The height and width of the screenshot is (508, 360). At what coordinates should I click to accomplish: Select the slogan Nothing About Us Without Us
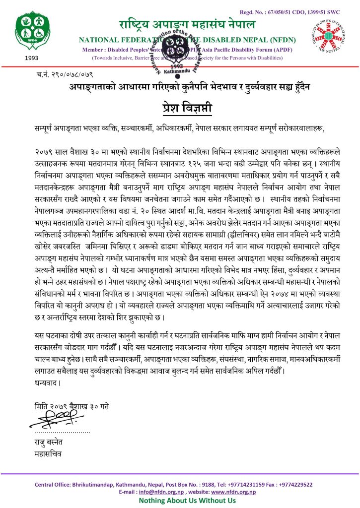(180, 501)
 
